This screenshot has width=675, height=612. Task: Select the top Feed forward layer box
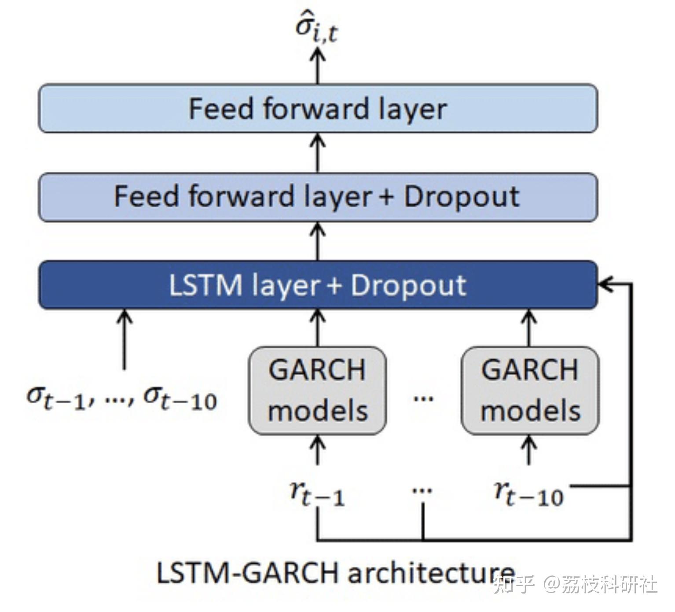coord(318,108)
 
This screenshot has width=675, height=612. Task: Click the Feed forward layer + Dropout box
coord(318,197)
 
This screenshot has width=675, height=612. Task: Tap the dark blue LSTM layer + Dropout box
coord(318,285)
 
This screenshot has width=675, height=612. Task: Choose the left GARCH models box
coord(317,391)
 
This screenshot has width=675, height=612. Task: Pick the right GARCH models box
coord(530,391)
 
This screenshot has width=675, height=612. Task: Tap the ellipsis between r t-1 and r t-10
coord(422,490)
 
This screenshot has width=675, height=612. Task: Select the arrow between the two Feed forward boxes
coord(318,153)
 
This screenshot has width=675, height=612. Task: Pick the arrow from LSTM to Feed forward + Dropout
coord(318,241)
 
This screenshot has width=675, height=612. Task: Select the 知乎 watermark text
coord(514,584)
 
